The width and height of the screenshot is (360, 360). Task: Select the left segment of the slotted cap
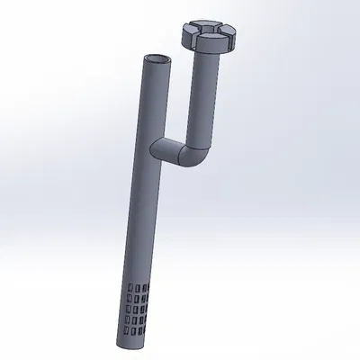click(190, 31)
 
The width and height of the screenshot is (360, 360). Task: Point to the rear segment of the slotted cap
click(211, 25)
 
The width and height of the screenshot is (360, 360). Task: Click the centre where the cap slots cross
click(208, 32)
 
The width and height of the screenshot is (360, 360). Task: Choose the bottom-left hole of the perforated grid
click(124, 330)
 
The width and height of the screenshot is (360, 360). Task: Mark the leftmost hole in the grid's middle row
click(128, 308)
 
